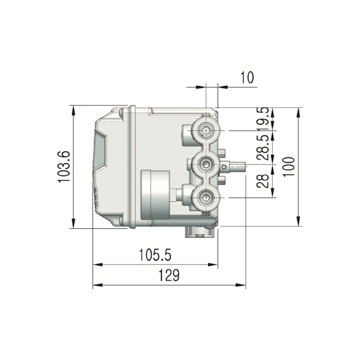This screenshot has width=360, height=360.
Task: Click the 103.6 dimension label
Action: [63, 167]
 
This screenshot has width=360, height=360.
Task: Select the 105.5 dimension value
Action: [155, 255]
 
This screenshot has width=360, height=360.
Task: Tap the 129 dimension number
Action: [169, 275]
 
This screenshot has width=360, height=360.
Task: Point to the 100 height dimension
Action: [288, 167]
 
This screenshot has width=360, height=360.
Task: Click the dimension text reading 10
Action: [247, 77]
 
